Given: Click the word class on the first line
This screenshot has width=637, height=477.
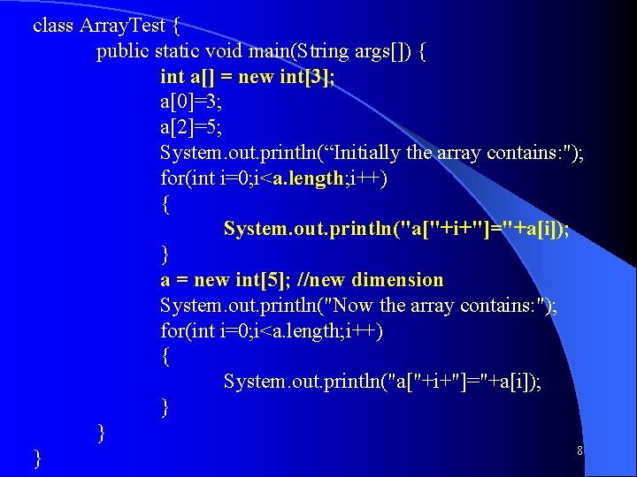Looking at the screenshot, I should coord(53,25).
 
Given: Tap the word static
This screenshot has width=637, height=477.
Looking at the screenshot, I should coord(177,51).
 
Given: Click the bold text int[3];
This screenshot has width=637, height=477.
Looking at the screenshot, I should coord(307,77).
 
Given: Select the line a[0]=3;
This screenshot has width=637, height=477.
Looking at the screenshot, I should coord(191,102).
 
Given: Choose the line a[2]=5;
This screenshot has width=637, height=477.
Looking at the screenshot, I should coord(191,127).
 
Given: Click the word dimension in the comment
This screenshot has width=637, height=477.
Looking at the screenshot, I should coord(397,280).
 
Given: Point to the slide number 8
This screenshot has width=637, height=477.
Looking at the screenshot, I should coord(579,451).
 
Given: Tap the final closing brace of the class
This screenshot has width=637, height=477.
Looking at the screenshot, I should coord(37,458).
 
